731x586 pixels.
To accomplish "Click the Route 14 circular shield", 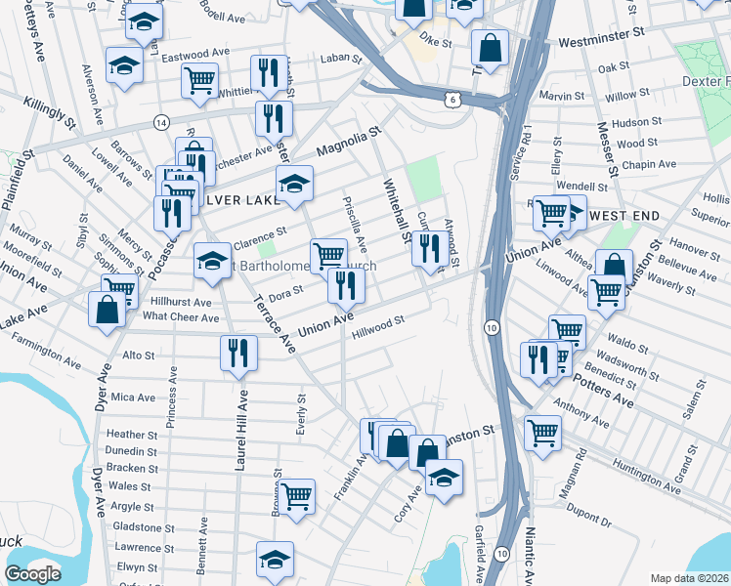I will [160, 121].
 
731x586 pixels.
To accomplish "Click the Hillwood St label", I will [379, 322].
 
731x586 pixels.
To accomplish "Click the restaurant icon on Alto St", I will [238, 355].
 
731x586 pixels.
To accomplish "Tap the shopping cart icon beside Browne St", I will [296, 496].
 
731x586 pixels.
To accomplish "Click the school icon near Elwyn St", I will [275, 560].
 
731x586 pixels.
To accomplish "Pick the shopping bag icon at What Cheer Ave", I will [107, 310].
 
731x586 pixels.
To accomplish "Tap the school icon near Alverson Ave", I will [125, 65].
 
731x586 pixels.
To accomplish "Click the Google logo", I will [32, 574].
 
